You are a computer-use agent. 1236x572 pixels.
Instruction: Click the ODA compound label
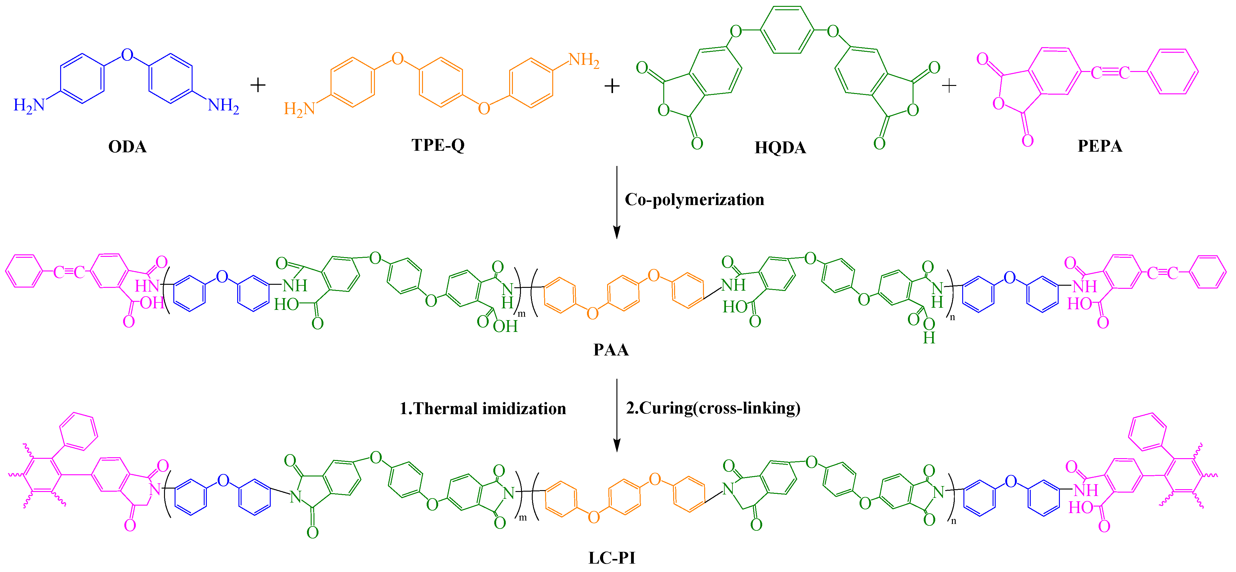pos(127,146)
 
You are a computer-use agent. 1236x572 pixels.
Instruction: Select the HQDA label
pos(780,147)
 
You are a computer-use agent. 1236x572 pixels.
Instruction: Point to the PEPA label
pos(1100,146)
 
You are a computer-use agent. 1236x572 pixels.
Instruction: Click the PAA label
pos(611,350)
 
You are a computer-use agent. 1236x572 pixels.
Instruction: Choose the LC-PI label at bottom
pos(612,558)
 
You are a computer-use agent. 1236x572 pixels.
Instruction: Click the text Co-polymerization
pos(694,200)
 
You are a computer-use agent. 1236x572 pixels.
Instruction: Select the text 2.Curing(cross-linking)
pos(713,408)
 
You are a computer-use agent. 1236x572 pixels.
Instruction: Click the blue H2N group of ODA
pos(29,105)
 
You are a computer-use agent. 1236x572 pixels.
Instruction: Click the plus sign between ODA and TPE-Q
pos(258,85)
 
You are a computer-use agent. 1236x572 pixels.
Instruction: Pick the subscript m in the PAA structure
pos(522,314)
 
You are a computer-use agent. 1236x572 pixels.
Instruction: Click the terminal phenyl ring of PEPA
pos(1173,72)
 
